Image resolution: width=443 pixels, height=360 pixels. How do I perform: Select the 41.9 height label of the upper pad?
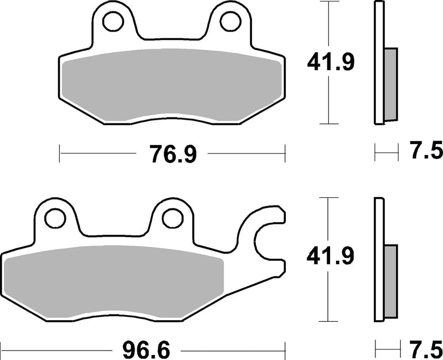331,63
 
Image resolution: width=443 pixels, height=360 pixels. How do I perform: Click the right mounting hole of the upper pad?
228,21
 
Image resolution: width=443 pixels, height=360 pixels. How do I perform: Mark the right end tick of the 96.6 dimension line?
286,351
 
